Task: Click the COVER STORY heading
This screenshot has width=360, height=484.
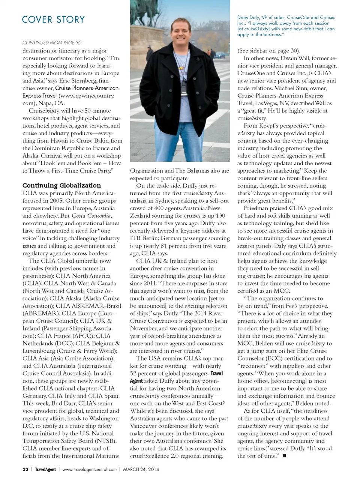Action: (x=53, y=20)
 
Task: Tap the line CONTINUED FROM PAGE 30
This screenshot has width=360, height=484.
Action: (x=52, y=43)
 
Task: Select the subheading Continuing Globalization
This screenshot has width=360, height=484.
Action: (x=61, y=185)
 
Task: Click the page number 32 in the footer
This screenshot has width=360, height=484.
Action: (x=25, y=469)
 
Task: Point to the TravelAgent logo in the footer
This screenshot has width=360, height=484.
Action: (x=45, y=469)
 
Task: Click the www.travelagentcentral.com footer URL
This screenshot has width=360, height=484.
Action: (x=89, y=469)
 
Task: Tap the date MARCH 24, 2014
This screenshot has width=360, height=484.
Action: (x=141, y=469)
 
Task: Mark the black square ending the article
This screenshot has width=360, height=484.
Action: (x=284, y=456)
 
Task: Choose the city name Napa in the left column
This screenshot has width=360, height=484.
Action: (x=45, y=103)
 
